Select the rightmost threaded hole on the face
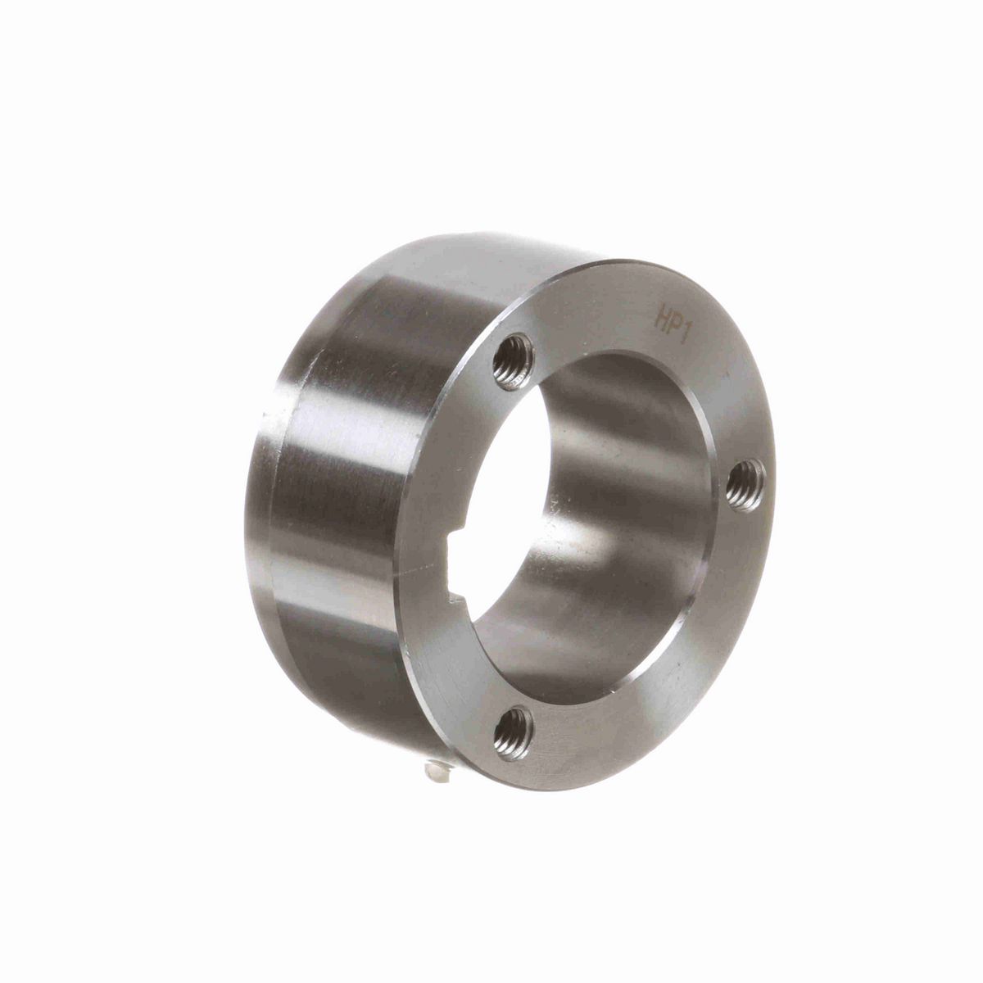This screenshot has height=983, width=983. pyautogui.click(x=746, y=478)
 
